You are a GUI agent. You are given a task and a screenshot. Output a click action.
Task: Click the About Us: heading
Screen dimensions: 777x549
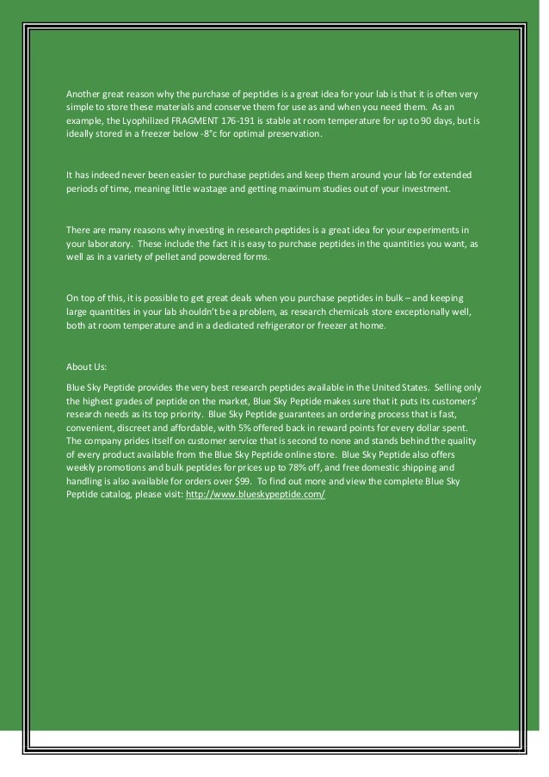86,365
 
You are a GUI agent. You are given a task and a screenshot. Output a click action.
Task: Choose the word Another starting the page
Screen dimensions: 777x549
85,92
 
